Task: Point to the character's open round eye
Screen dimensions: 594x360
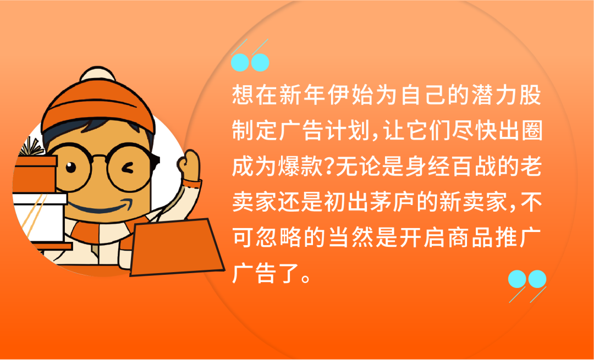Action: [x=71, y=167]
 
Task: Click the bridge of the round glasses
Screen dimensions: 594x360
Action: [x=99, y=158]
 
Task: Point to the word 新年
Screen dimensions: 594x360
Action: [x=297, y=98]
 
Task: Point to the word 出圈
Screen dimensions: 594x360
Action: [x=517, y=133]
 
